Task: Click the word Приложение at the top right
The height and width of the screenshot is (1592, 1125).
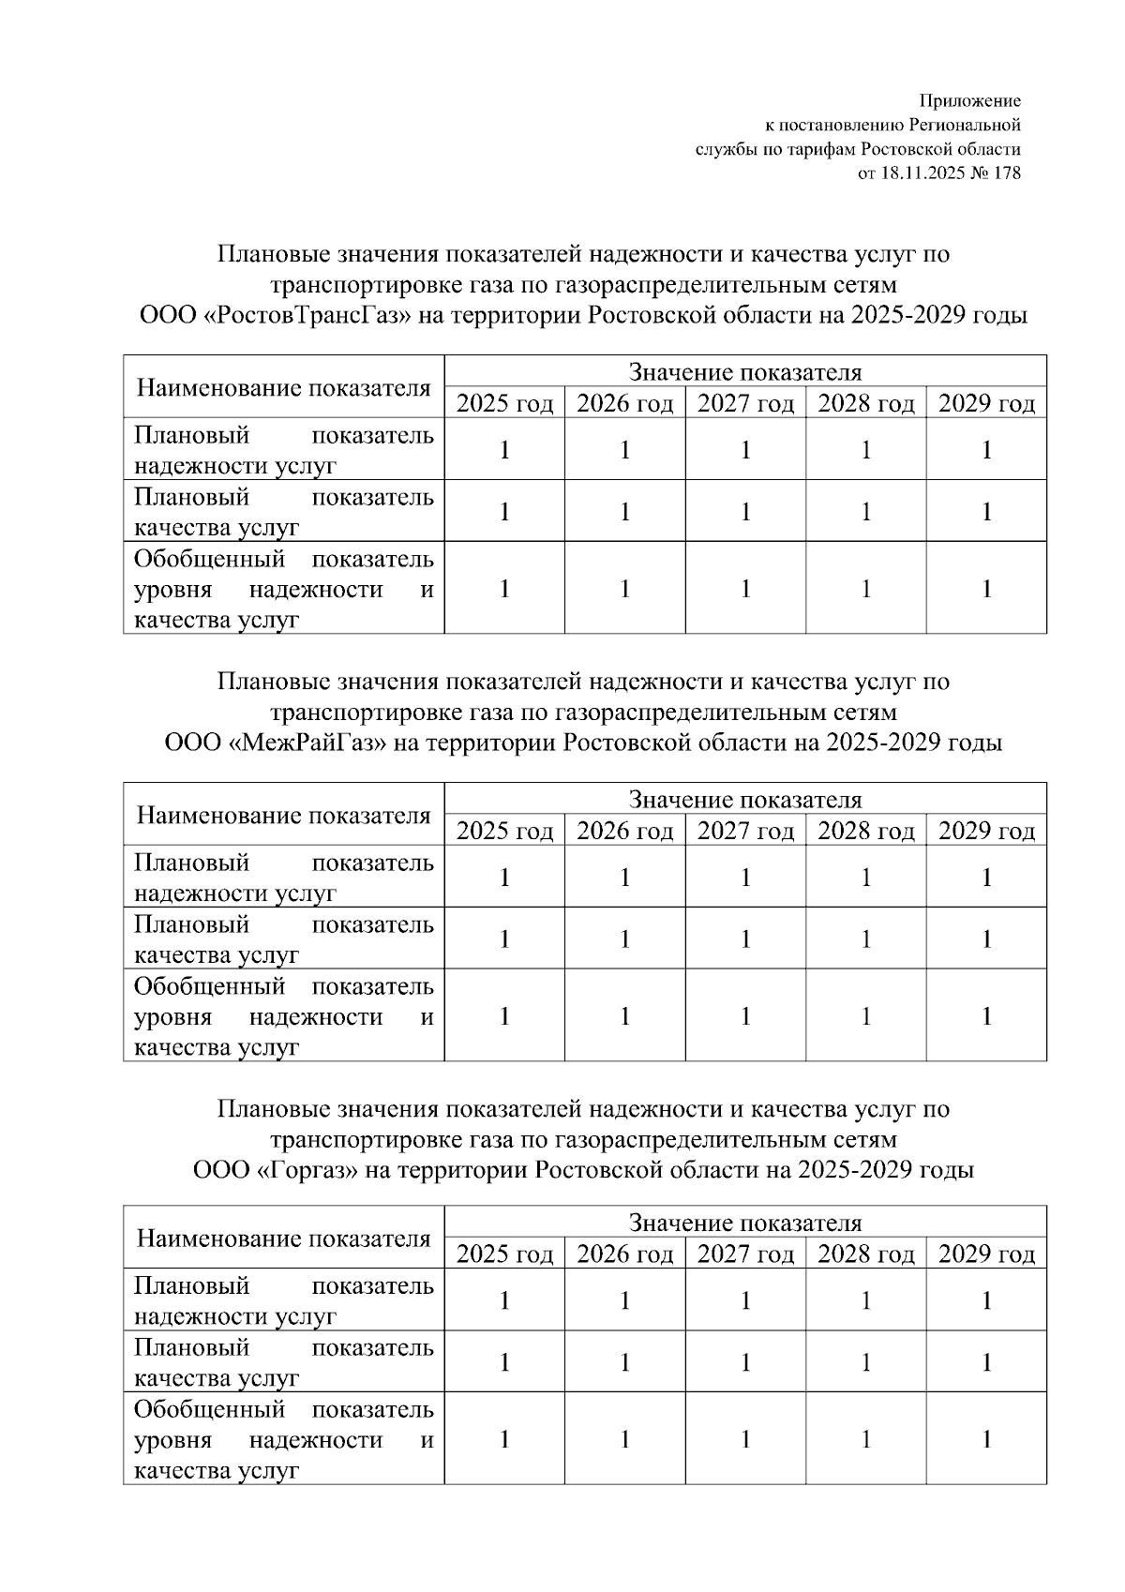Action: [969, 100]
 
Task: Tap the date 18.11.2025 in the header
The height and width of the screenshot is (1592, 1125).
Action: [923, 173]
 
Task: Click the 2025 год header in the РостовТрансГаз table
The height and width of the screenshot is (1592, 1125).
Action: [504, 403]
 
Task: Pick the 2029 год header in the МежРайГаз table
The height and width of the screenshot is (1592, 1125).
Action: [986, 831]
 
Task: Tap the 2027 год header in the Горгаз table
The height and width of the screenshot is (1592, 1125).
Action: [745, 1254]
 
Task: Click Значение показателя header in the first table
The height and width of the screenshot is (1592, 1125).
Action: [745, 372]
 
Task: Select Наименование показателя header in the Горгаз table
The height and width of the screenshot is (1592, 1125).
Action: [283, 1238]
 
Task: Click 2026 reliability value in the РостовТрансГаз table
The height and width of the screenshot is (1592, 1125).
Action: [625, 450]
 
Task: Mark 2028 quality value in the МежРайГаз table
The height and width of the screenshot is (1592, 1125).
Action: [866, 939]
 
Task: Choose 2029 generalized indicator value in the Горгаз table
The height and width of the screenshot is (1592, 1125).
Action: [986, 1439]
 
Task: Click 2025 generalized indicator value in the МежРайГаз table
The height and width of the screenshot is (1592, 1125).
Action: [504, 1016]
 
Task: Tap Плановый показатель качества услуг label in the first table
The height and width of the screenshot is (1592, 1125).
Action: [283, 511]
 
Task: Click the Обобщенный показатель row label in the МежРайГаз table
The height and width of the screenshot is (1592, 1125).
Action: [283, 1016]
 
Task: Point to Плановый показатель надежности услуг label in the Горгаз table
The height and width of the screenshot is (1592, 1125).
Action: [283, 1300]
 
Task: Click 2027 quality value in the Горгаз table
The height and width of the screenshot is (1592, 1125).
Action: [745, 1362]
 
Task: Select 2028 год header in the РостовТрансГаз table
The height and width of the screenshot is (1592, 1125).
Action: [866, 403]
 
